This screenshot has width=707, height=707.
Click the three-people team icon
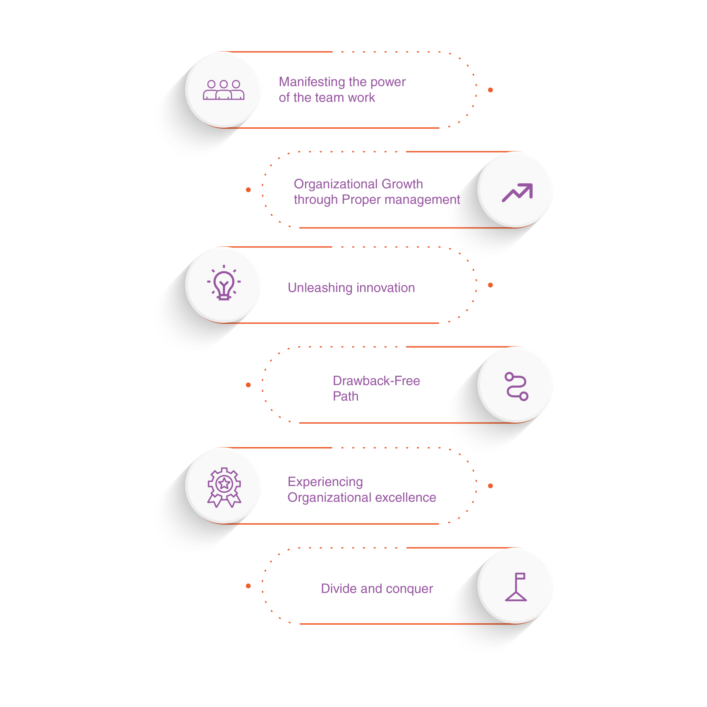tap(224, 90)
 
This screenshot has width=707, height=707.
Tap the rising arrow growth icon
tap(517, 193)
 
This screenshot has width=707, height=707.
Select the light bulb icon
tap(224, 283)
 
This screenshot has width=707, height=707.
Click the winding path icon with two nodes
tap(516, 386)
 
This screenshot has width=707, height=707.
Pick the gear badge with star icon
tap(224, 487)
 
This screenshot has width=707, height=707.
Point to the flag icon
tap(516, 587)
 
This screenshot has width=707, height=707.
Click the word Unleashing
tap(314, 288)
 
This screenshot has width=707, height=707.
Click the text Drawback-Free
tap(376, 381)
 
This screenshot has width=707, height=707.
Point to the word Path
tap(345, 396)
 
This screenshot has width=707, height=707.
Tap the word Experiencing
tap(325, 482)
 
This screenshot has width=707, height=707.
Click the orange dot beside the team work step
tap(490, 90)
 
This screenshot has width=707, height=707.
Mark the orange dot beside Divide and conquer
tap(248, 586)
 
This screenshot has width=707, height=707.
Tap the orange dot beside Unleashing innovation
tap(490, 285)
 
